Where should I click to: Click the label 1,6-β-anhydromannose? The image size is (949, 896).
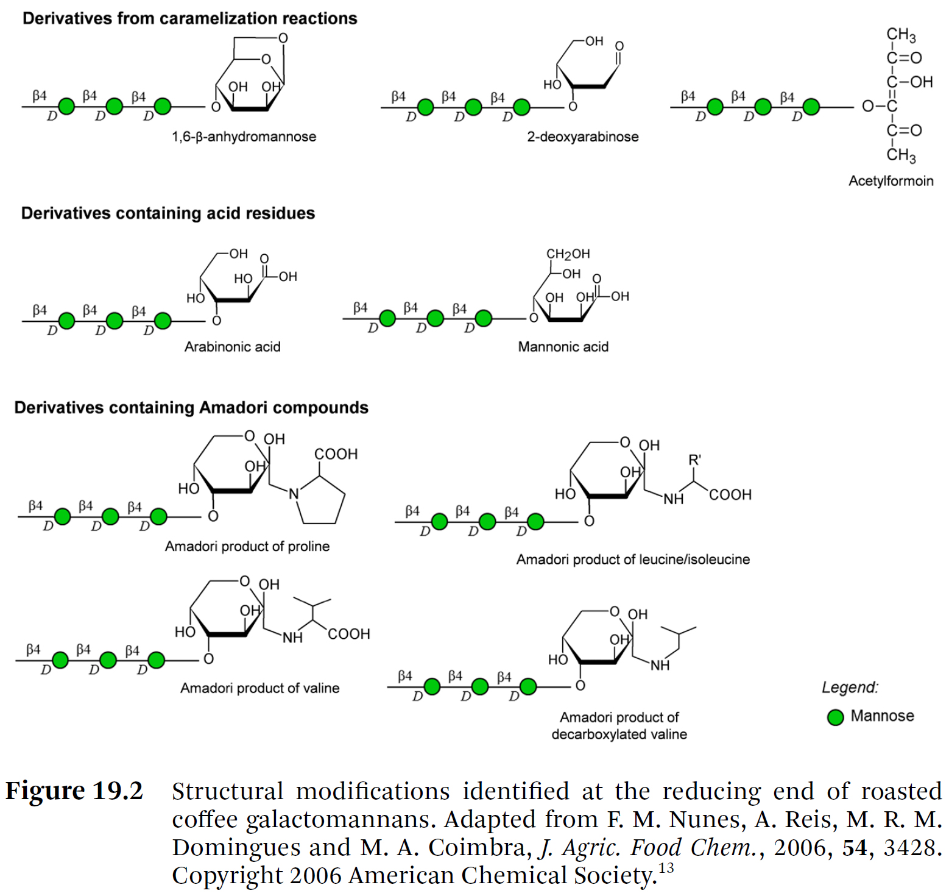pyautogui.click(x=244, y=137)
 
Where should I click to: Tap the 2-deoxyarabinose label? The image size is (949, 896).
pyautogui.click(x=582, y=137)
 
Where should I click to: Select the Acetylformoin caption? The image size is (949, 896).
pyautogui.click(x=891, y=181)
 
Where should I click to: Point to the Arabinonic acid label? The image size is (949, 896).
pyautogui.click(x=232, y=347)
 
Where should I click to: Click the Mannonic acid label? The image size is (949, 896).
pyautogui.click(x=563, y=347)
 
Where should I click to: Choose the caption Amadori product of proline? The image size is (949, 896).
pyautogui.click(x=247, y=546)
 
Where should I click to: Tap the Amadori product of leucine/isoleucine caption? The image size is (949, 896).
pyautogui.click(x=633, y=560)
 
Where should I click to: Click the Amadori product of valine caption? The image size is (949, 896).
pyautogui.click(x=259, y=688)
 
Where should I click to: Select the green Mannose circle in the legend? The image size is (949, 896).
pyautogui.click(x=835, y=717)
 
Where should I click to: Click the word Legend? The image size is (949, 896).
pyautogui.click(x=850, y=688)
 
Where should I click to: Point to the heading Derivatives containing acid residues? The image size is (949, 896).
pyautogui.click(x=168, y=213)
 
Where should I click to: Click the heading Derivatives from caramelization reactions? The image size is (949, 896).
pyautogui.click(x=189, y=19)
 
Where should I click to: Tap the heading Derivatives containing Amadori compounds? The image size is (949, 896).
pyautogui.click(x=191, y=408)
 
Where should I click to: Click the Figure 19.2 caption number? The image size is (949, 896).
pyautogui.click(x=74, y=791)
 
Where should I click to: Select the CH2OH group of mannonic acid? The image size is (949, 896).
pyautogui.click(x=568, y=254)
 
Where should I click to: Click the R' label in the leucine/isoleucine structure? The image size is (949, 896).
pyautogui.click(x=694, y=460)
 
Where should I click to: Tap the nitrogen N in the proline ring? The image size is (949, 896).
pyautogui.click(x=294, y=494)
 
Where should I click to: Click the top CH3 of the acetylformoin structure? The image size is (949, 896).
pyautogui.click(x=901, y=35)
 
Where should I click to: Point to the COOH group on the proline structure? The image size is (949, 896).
pyautogui.click(x=336, y=454)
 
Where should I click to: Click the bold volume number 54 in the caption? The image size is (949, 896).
pyautogui.click(x=854, y=848)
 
